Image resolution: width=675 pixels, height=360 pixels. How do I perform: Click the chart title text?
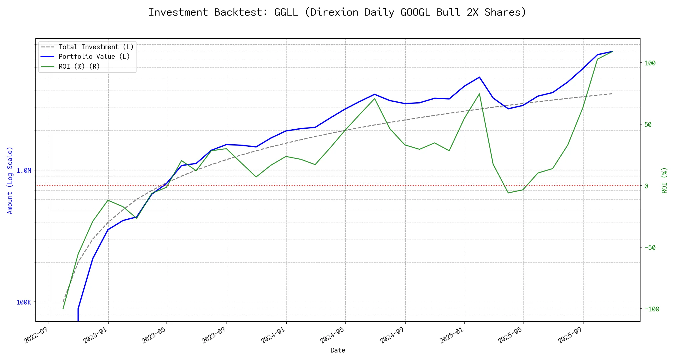(337, 12)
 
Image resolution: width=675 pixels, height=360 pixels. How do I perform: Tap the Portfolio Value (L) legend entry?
(94, 57)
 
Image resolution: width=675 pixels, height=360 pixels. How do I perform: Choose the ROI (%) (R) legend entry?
(79, 66)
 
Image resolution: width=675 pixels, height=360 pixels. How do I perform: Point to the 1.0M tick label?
(24, 170)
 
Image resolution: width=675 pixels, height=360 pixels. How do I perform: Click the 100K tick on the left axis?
(24, 302)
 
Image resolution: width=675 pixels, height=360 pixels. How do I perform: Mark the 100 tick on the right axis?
(650, 63)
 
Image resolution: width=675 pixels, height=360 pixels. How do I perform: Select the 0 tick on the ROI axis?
(646, 186)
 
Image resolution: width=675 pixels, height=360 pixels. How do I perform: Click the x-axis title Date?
(338, 350)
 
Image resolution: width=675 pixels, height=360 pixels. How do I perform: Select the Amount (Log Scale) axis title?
(10, 180)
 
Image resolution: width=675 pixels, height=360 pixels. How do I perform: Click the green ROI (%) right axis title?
(664, 180)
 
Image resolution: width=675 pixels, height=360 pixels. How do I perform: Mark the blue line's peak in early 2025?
(479, 77)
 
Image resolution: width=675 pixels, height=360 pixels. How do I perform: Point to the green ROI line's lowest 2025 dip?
(508, 193)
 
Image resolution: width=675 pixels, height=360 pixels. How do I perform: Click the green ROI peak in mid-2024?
(374, 98)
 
